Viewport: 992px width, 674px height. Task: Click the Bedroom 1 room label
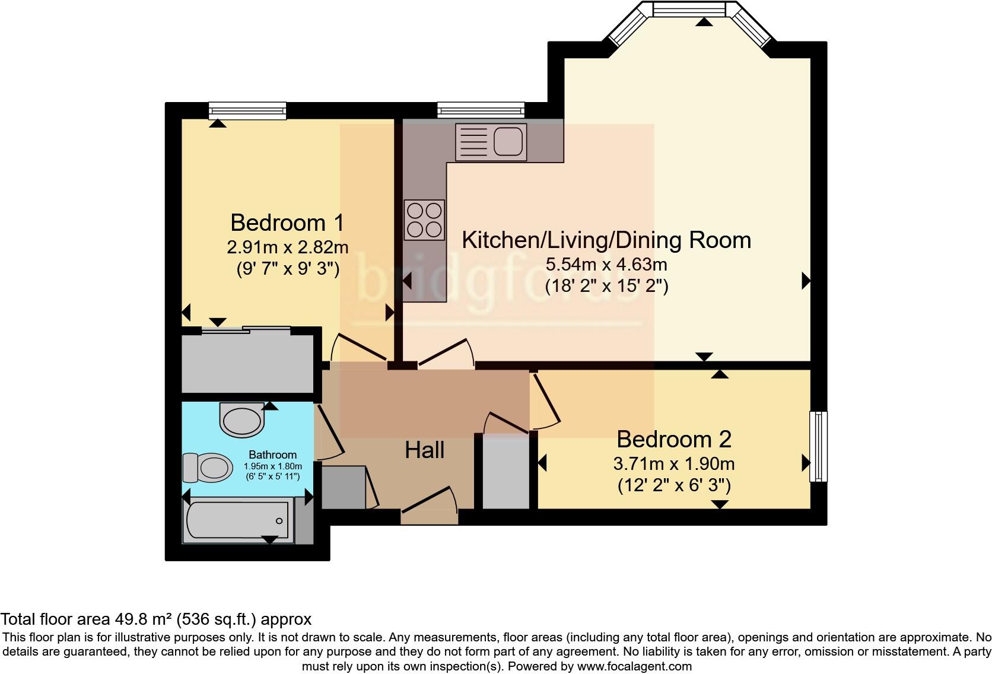287,222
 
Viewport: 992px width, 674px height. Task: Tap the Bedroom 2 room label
674,439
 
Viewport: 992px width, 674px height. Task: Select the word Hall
425,450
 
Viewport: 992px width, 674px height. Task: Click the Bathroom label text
272,455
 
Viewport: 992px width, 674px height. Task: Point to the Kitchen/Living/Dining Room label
606,240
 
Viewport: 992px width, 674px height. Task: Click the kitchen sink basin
508,141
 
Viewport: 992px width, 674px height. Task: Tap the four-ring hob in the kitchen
424,219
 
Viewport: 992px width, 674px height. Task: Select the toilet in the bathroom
208,467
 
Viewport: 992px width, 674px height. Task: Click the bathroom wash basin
242,419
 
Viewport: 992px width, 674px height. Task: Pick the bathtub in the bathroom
239,520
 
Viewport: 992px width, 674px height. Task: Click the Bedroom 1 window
247,111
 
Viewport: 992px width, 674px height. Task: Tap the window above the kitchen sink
481,110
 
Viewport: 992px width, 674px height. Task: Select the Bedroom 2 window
818,446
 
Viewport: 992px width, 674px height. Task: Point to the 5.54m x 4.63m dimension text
606,265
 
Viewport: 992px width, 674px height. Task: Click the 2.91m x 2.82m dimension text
287,247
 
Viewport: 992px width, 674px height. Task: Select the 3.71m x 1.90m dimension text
674,463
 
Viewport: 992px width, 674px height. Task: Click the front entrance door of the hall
430,506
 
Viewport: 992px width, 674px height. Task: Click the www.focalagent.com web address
634,666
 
